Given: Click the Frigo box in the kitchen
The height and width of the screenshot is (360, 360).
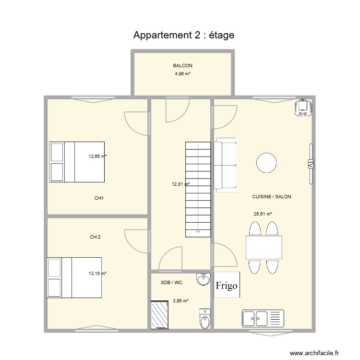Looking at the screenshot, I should click(226, 286).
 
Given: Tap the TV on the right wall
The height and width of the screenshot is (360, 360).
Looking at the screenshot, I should click(311, 164).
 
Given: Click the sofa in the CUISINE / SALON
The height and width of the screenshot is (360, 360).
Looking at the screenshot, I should click(226, 165).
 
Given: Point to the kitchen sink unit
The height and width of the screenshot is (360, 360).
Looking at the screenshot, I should click(264, 317).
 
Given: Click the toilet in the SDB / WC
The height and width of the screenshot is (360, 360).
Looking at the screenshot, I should click(205, 319).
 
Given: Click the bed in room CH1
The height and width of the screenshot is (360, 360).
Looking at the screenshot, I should click(77, 162).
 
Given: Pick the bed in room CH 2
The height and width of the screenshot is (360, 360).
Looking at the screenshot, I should click(74, 277).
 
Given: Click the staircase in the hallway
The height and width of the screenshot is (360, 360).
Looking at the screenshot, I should click(198, 189).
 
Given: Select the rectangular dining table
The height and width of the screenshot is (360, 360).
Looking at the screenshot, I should click(264, 247).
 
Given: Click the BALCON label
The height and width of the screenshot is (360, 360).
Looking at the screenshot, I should click(182, 66).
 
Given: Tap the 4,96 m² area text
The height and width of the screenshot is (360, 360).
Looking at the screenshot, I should click(182, 74).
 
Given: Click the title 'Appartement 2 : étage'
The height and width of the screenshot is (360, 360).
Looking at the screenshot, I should click(184, 36).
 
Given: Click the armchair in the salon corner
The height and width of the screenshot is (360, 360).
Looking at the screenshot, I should click(303, 108).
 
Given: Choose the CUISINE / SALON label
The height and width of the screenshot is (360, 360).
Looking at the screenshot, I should click(271, 197).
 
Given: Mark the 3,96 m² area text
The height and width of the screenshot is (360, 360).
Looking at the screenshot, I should click(180, 301).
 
